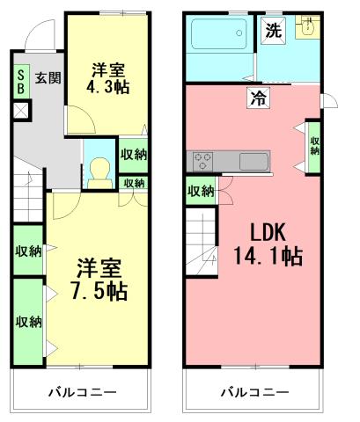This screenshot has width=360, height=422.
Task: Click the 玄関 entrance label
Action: point(47,77)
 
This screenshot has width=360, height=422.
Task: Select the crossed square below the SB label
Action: point(20,111)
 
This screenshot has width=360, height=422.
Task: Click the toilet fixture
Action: point(99,167)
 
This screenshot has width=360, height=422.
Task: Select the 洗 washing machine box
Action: point(274,28)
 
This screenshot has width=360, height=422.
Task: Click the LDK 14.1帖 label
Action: point(267,245)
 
